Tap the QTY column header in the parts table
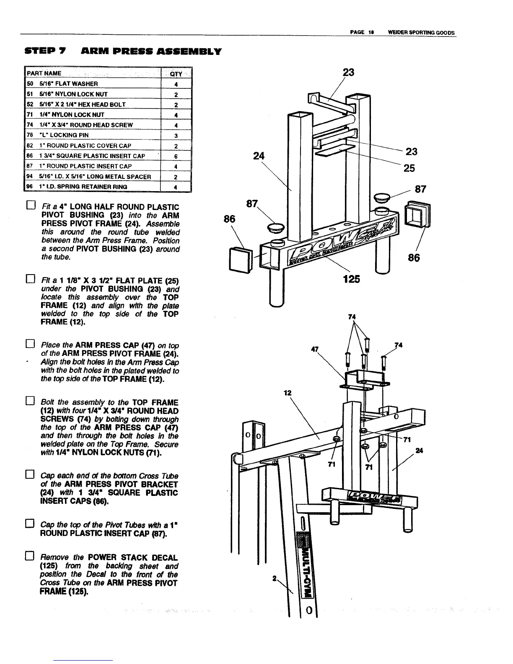pos(176,74)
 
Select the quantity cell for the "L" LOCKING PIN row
pos(176,135)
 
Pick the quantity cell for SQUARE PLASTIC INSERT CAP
pos(176,156)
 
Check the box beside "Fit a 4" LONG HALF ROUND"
pos(29,207)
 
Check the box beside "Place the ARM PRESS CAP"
pos(29,345)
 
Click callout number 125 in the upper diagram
pos(351,279)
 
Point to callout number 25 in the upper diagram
pos(409,168)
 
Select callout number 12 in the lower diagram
pos(287,393)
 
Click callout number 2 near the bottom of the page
pos(273,578)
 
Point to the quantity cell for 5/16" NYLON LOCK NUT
pos(176,94)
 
